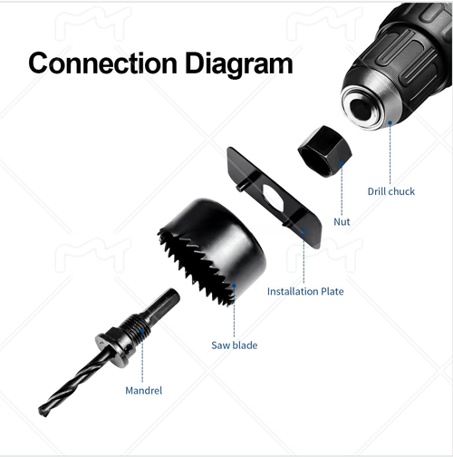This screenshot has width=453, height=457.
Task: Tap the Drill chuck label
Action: (x=391, y=191)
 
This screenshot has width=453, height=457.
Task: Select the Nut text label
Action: (x=342, y=220)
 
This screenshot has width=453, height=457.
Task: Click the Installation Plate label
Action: (x=305, y=291)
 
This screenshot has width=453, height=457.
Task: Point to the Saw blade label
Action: (x=234, y=345)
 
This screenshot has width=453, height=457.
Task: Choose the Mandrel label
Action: (x=145, y=391)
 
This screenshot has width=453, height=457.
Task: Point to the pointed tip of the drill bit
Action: (x=43, y=412)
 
